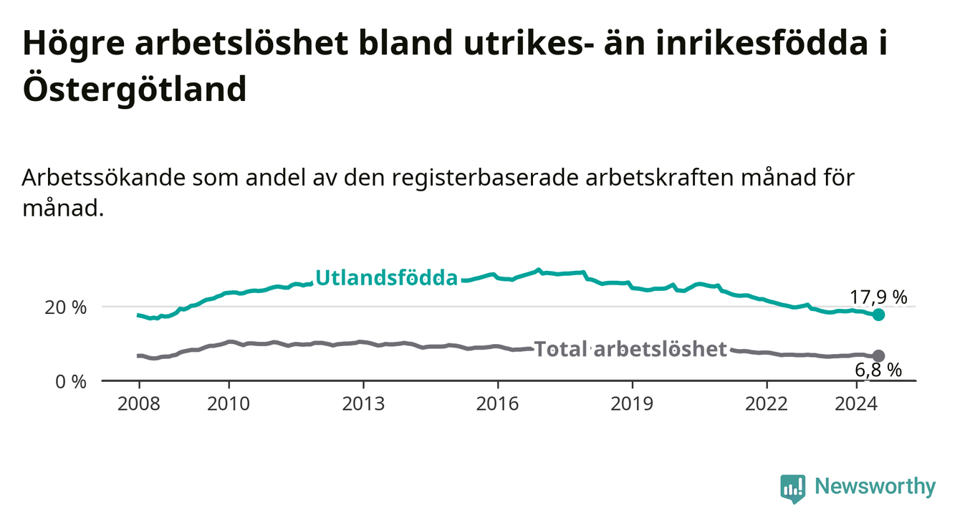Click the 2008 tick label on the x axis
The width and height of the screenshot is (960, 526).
138,404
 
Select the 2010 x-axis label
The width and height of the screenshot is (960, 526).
229,404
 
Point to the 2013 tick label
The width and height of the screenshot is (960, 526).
363,404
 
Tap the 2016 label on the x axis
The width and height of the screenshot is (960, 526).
498,404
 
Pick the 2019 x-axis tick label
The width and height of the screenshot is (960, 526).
632,404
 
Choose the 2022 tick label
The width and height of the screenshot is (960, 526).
767,404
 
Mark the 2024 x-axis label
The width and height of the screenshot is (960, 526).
856,404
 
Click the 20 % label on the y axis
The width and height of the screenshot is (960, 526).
65,308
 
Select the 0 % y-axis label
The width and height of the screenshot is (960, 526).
71,382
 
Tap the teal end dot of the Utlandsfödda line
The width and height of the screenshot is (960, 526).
878,315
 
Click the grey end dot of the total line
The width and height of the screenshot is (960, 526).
878,356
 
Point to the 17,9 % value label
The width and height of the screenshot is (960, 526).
878,297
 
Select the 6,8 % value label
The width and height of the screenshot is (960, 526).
878,370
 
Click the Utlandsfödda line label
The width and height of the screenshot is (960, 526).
387,278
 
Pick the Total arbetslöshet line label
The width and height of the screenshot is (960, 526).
630,349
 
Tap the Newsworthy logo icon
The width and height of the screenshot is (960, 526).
793,488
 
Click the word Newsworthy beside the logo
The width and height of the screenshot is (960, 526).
875,487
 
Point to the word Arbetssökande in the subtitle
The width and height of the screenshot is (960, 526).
103,178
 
